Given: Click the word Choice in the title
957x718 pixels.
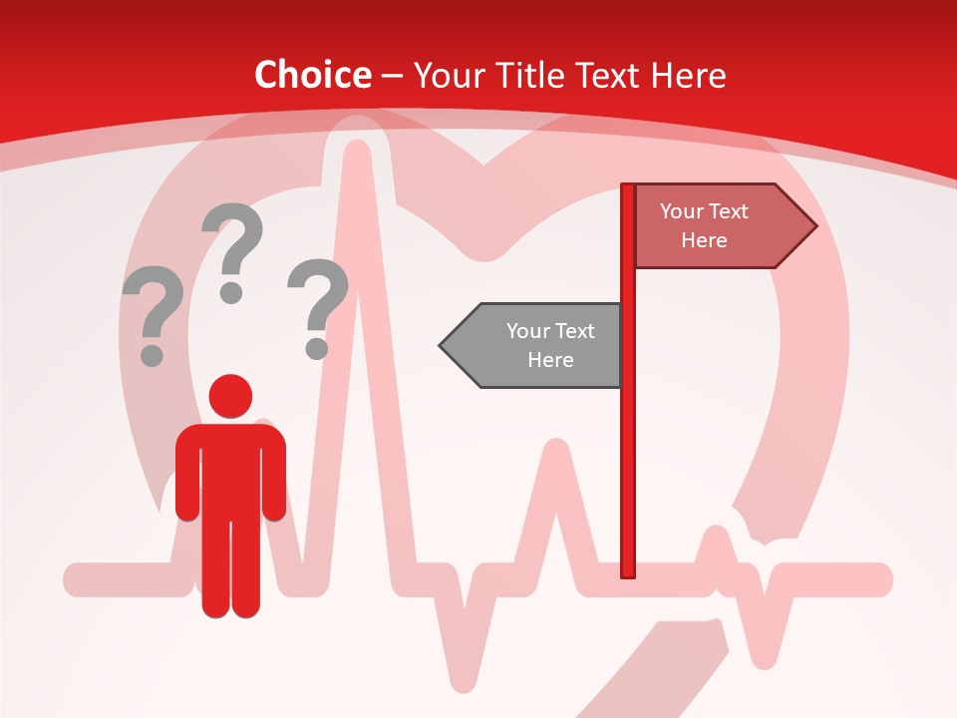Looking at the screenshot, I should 312,75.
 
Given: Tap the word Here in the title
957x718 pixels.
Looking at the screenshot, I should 688,75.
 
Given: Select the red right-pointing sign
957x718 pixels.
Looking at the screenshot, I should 713,226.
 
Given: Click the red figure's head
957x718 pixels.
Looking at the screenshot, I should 230,396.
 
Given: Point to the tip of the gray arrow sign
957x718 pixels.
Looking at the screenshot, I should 442,345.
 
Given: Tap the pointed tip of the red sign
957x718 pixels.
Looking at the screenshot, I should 814,226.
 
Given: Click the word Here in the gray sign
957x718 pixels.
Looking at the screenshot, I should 550,360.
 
